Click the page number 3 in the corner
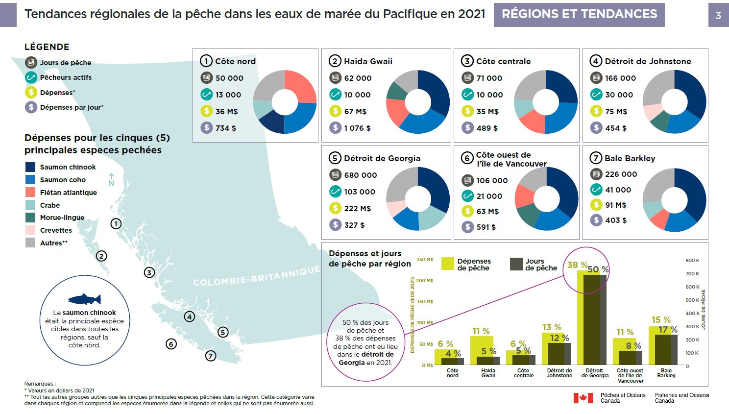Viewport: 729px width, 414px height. [718, 15]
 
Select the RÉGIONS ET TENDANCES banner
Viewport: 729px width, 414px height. [579, 14]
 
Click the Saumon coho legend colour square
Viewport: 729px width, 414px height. [30, 180]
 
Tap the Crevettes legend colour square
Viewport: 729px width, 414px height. [30, 230]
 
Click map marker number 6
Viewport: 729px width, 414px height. [171, 344]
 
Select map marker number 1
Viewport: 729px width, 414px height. [116, 224]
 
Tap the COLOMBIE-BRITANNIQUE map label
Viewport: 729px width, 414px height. [256, 277]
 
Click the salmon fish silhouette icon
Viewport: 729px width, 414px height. [84, 299]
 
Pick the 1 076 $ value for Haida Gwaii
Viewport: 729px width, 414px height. [357, 128]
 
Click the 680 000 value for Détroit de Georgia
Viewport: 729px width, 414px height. [360, 175]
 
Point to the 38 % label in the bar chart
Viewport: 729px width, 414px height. [577, 265]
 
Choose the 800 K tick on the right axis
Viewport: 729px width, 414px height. [692, 261]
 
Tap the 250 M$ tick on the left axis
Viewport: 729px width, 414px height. [424, 260]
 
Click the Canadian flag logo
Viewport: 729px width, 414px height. [583, 398]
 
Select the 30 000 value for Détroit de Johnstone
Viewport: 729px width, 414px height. [619, 95]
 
